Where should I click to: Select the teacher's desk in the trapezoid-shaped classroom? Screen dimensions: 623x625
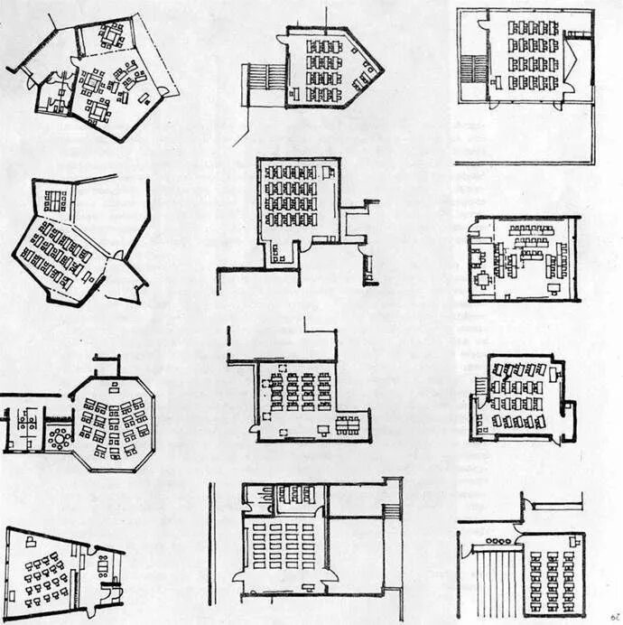tap(32, 542)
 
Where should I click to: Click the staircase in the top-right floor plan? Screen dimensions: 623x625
tap(472, 69)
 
